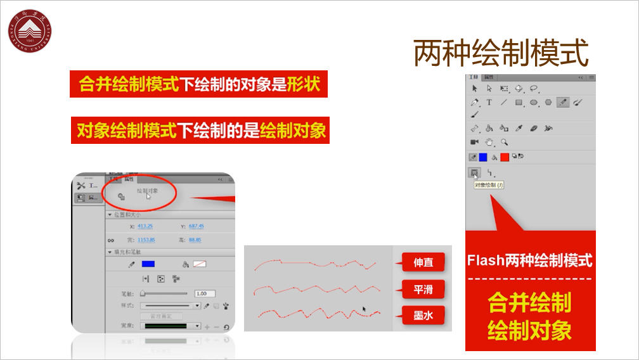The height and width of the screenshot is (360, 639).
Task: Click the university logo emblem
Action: click(29, 30)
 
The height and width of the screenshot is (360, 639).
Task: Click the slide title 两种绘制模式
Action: click(501, 53)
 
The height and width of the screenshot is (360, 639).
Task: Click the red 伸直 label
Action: click(423, 262)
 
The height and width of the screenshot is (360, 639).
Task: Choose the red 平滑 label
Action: click(423, 290)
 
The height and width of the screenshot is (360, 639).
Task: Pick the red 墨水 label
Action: click(423, 314)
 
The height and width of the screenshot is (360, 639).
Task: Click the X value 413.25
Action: click(145, 226)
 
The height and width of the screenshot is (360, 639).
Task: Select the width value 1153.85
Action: click(146, 240)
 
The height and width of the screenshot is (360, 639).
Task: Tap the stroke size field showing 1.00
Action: click(205, 293)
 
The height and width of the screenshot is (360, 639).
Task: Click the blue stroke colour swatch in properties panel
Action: click(148, 264)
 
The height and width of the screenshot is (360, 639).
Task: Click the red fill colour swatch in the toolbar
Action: click(505, 157)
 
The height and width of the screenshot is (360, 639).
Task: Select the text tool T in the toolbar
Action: click(489, 102)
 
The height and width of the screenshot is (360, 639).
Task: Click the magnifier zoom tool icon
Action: click(505, 143)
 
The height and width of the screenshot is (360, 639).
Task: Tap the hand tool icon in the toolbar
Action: click(489, 143)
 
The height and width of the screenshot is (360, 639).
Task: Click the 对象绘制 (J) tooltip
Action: click(489, 185)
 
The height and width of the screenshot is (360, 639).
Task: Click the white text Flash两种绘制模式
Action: click(530, 260)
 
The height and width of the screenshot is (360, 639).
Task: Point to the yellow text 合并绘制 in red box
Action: click(529, 302)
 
